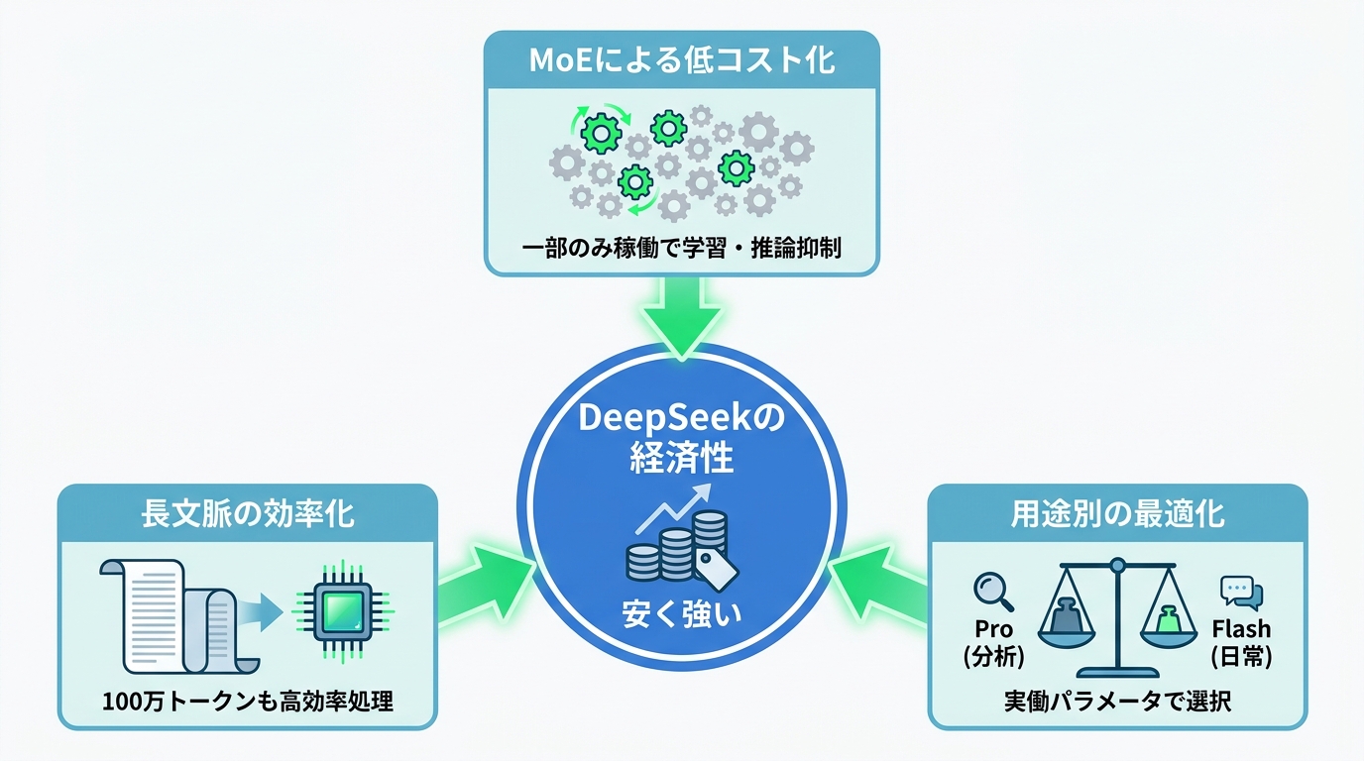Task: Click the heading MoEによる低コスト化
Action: (x=682, y=60)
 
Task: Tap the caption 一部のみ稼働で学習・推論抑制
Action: (x=682, y=249)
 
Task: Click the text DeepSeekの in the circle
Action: (x=681, y=419)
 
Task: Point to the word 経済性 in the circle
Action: (x=681, y=459)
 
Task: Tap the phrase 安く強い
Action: (x=681, y=613)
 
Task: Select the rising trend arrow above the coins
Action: (x=673, y=508)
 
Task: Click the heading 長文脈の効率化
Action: (x=247, y=514)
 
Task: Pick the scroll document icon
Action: (x=179, y=616)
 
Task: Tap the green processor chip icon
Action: (x=343, y=611)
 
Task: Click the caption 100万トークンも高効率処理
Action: (x=247, y=702)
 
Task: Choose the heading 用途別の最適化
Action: (x=1117, y=514)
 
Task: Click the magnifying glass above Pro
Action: (x=993, y=592)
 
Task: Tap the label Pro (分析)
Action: (x=994, y=642)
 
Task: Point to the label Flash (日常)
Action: (x=1242, y=642)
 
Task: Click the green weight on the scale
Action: (x=1169, y=621)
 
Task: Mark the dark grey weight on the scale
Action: (x=1067, y=616)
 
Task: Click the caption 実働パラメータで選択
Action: (x=1117, y=702)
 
